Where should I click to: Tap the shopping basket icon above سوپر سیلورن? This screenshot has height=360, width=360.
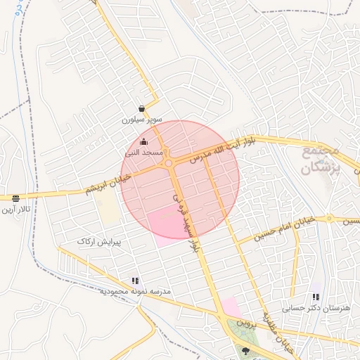point(142,109)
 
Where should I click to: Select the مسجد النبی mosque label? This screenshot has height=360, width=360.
point(144,152)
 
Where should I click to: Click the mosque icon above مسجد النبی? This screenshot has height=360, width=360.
point(144,141)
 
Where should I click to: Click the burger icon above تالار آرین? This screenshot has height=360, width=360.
point(15,198)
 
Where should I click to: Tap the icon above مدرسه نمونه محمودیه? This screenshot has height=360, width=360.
point(135,281)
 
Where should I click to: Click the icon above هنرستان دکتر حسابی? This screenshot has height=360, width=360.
point(316,297)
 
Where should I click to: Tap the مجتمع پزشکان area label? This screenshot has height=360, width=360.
point(321,160)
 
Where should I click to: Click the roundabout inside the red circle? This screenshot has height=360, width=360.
point(169,164)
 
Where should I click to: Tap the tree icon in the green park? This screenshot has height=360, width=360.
point(245,350)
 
